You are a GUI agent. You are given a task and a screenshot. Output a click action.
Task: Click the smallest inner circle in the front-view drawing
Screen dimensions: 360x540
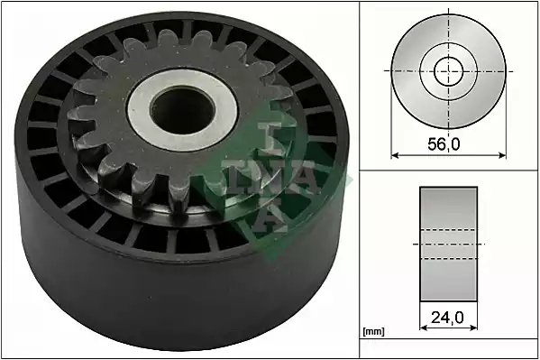click(448, 70)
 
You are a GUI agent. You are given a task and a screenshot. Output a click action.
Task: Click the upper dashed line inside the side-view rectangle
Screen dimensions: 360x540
click(448, 232)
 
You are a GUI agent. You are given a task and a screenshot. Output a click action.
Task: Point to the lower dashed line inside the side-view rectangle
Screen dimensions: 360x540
click(448, 260)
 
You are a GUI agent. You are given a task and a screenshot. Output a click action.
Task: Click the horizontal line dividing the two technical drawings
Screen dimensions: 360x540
click(448, 171)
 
